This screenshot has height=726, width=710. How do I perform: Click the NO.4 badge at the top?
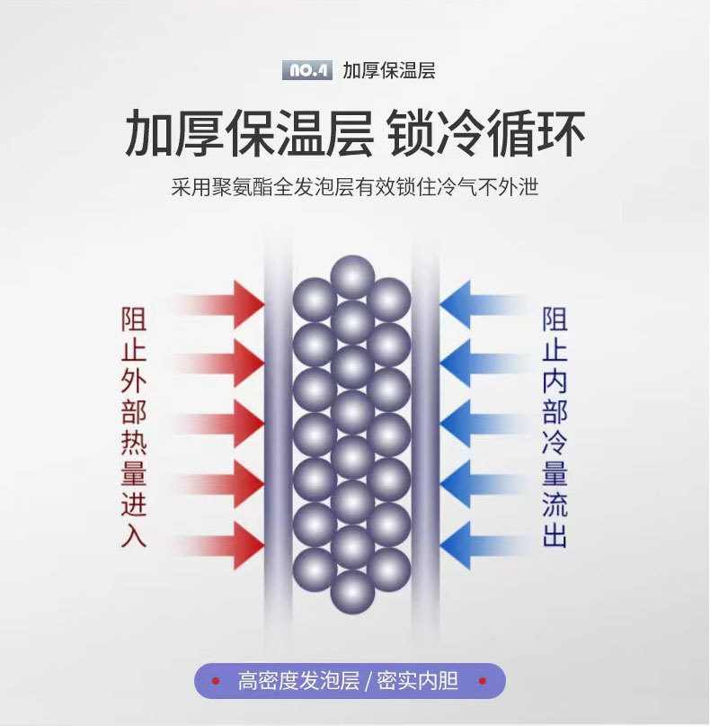[x=307, y=70]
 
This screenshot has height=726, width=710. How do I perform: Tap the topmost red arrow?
[x=218, y=305]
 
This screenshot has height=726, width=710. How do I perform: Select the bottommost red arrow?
[x=218, y=545]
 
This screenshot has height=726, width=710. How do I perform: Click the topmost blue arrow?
[x=484, y=305]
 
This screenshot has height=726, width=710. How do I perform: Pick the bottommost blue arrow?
[x=484, y=545]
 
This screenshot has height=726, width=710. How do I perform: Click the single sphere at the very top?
[x=352, y=277]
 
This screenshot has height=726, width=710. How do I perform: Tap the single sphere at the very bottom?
[x=352, y=592]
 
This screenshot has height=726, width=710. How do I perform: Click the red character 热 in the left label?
[x=134, y=443]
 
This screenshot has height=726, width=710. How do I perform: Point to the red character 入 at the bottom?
[x=134, y=534]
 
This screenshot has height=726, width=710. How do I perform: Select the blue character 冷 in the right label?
[x=555, y=443]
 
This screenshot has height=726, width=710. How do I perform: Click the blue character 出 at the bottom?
[x=555, y=534]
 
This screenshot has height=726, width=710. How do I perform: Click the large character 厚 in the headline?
[x=200, y=134]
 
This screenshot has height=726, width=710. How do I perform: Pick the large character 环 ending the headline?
[x=562, y=134]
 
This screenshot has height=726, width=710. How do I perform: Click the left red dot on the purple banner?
[x=216, y=681]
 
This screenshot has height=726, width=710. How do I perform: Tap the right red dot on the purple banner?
[x=483, y=681]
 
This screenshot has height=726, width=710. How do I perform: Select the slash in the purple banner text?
[x=368, y=681]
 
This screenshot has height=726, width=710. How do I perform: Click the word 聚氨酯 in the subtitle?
[x=242, y=187]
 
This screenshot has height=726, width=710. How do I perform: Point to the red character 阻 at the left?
[x=134, y=319]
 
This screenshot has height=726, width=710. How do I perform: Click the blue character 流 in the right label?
[x=555, y=504]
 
